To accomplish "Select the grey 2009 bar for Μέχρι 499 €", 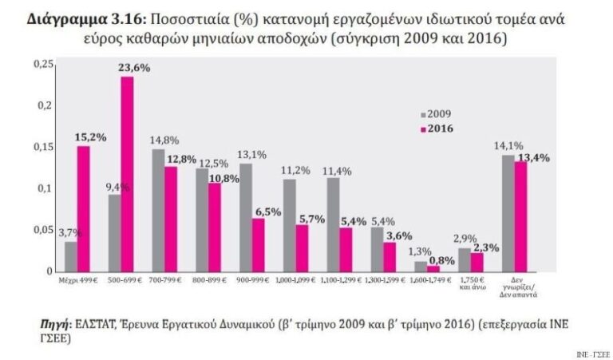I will (x=71, y=256).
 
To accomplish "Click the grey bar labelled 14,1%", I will (x=508, y=213).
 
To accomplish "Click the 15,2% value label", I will (x=90, y=137).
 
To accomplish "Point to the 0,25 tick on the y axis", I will (x=42, y=64).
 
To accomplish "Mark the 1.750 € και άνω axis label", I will (x=471, y=285).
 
